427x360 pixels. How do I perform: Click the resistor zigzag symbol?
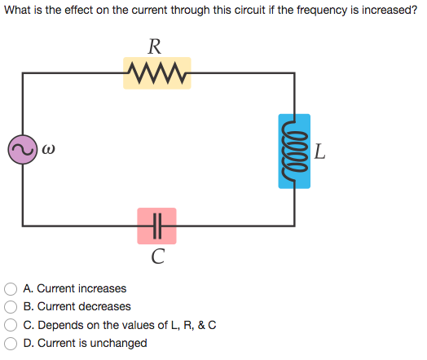click(156, 73)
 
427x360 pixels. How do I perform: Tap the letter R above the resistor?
click(157, 46)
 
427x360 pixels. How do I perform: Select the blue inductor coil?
click(294, 151)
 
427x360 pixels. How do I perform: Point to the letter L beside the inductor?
click(319, 151)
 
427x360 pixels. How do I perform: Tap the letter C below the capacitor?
click(158, 258)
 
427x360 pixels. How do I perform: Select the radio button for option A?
click(11, 288)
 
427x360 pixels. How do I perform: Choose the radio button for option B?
click(11, 307)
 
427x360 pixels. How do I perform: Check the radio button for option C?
click(11, 325)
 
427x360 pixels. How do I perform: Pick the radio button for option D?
click(11, 344)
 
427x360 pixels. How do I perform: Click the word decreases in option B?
click(103, 307)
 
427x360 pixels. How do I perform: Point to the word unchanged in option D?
click(120, 344)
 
